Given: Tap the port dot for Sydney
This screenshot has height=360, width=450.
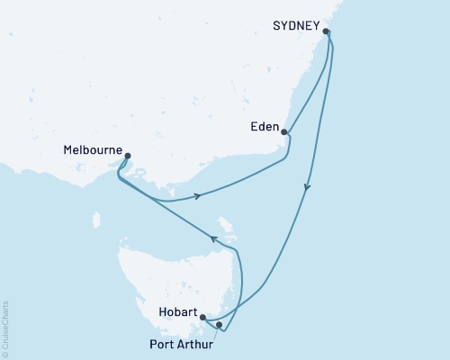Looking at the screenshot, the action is (327, 32).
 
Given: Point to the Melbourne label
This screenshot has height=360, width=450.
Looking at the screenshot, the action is (94, 150).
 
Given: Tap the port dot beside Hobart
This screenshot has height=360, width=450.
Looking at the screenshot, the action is (203, 318).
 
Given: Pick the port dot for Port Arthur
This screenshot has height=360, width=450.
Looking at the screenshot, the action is (219, 325).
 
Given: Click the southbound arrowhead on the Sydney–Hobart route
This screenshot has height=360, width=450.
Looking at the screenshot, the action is (308, 189).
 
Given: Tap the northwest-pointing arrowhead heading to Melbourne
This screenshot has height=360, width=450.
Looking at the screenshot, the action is (214, 238).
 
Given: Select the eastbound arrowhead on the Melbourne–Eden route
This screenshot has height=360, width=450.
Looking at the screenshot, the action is (196, 196).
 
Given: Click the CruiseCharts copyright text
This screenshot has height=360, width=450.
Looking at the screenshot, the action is (5, 328).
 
